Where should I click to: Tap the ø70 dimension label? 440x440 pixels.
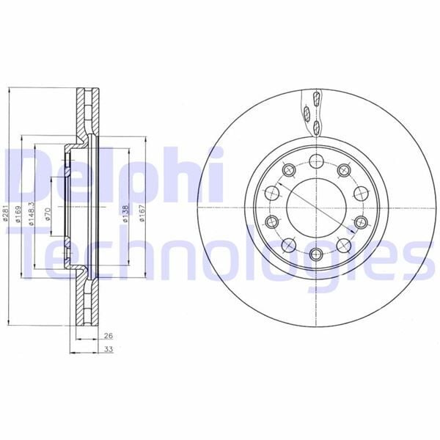[48, 214]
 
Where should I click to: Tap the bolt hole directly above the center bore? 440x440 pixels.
[317, 161]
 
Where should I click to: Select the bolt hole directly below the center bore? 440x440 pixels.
[317, 254]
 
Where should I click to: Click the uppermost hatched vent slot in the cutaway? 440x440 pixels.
[316, 99]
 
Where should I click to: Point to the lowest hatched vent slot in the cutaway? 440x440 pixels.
[317, 129]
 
